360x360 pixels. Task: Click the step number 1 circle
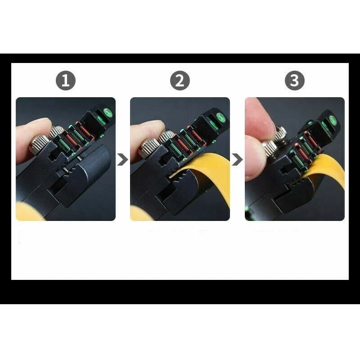click(66, 81)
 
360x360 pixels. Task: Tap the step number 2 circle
click(180, 81)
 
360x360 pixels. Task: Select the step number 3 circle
click(294, 81)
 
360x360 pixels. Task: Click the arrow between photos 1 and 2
click(122, 159)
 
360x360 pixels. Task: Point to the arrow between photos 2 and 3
click(237, 159)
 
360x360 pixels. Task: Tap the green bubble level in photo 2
click(220, 118)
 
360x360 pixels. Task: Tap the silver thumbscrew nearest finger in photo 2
click(149, 146)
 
